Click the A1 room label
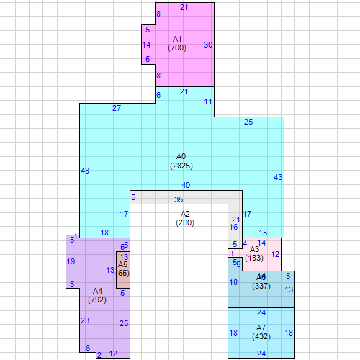[x=178, y=38]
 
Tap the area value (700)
[x=178, y=48]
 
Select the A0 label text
[x=181, y=156]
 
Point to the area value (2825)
[x=181, y=166]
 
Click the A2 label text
[x=185, y=214]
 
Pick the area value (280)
[x=185, y=223]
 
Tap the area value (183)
[x=254, y=258]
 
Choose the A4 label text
[x=97, y=290]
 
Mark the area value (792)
[x=97, y=299]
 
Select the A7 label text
[x=261, y=328]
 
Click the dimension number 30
[x=208, y=45]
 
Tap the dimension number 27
[x=117, y=108]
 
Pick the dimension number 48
[x=85, y=171]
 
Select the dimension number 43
[x=278, y=177]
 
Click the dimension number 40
[x=186, y=185]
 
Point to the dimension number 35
[x=179, y=199]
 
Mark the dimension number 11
[x=208, y=102]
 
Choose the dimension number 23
[x=85, y=320]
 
